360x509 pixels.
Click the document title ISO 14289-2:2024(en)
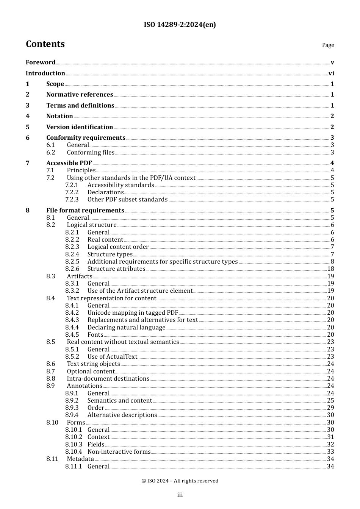tap(180, 25)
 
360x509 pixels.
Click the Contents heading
tap(45, 44)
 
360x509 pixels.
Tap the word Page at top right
tap(328, 45)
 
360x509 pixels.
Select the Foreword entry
tap(41, 62)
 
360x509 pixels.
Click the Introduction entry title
tap(45, 73)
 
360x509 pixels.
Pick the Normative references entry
tap(80, 95)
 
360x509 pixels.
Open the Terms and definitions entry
tap(80, 106)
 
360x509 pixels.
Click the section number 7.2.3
tap(72, 200)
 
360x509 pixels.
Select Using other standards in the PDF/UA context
tap(131, 178)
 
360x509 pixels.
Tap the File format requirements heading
tap(85, 211)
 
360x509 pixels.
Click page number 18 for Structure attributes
tap(330, 269)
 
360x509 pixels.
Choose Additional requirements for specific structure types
tap(163, 262)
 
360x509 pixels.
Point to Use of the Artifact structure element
tap(140, 291)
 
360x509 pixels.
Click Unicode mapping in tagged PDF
tap(133, 313)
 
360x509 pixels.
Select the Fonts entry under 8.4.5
tap(95, 335)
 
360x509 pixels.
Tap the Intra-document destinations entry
tap(108, 379)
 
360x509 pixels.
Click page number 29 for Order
tap(330, 408)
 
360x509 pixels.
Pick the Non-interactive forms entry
tap(119, 452)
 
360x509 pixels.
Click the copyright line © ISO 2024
tap(180, 481)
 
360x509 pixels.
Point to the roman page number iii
tap(180, 495)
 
